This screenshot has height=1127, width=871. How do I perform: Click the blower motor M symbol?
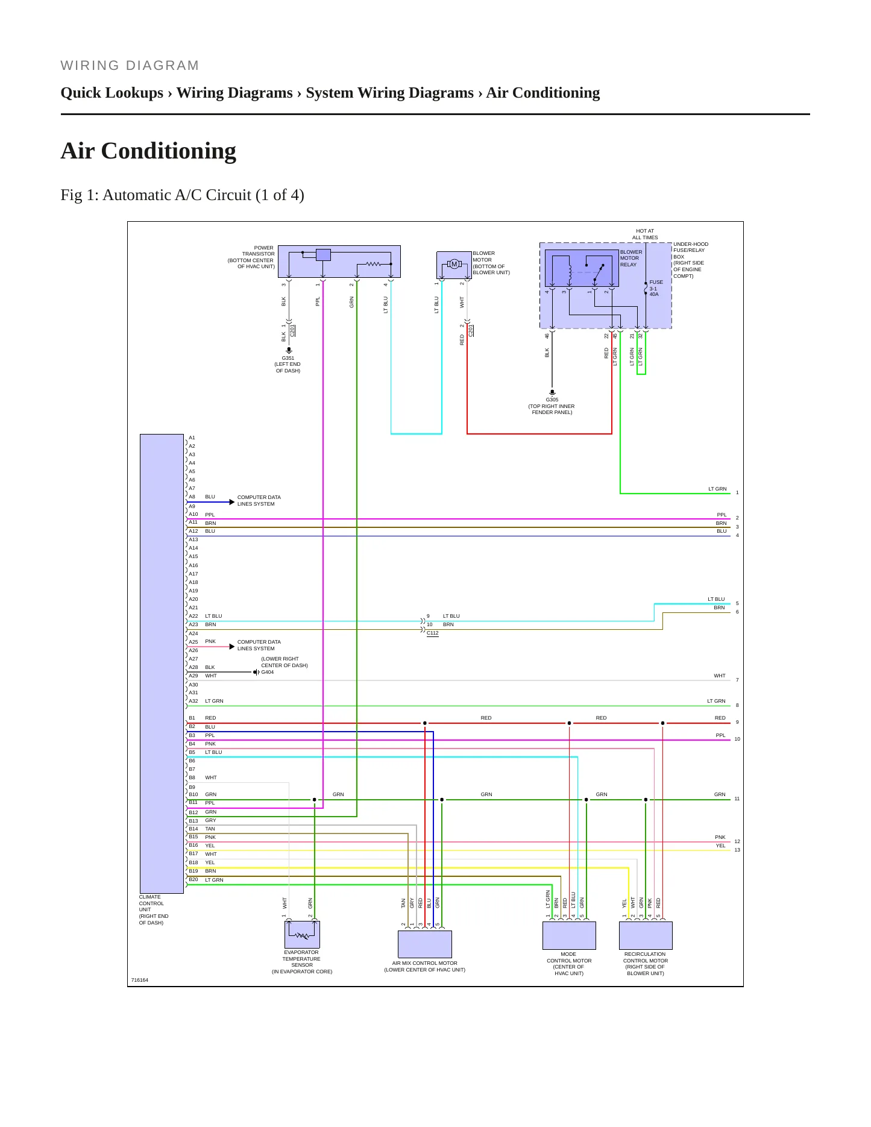(x=454, y=264)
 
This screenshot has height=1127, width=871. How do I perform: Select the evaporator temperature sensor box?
(x=302, y=935)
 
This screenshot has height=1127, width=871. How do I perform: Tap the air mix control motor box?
(x=425, y=944)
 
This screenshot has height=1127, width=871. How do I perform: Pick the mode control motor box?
(x=569, y=935)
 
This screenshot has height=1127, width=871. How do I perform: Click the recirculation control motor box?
(x=646, y=935)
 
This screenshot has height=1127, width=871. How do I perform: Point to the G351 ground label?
(x=288, y=358)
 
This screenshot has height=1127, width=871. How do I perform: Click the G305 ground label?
(x=552, y=400)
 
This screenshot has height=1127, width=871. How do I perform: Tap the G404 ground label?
(x=267, y=672)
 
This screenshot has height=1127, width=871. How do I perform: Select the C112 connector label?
(x=433, y=633)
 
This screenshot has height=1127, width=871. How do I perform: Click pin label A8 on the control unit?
(x=192, y=497)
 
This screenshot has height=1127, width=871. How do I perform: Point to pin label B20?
(x=193, y=879)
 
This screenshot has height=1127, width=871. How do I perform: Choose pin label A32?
(x=193, y=701)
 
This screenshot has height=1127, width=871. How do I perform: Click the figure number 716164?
(x=140, y=980)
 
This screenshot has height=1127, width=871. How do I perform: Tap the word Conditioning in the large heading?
(x=169, y=151)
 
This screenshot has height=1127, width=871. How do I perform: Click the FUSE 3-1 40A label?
(x=656, y=288)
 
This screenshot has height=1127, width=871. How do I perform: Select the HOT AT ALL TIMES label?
(x=645, y=234)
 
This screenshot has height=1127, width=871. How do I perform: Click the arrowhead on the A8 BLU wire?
(x=232, y=502)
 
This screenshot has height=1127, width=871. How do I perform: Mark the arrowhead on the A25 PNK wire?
(x=232, y=647)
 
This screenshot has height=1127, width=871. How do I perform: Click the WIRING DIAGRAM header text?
(x=130, y=65)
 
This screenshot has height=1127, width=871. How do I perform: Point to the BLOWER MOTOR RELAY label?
(x=631, y=258)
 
